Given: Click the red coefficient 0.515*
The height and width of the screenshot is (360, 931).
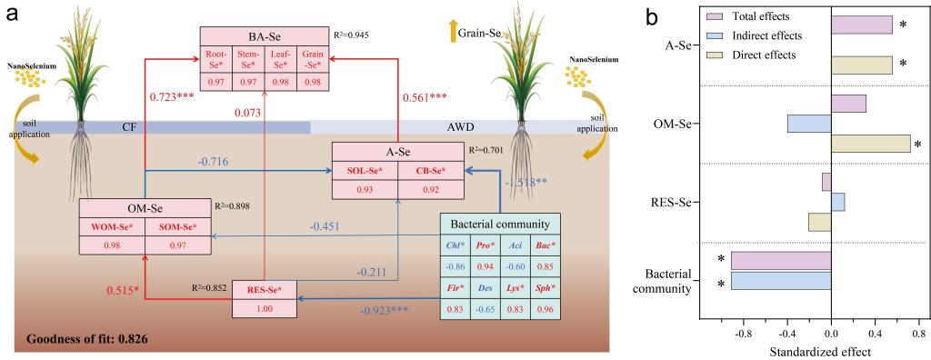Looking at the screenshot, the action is point(123,292).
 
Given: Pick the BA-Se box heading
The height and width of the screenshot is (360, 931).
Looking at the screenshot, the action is point(264,35).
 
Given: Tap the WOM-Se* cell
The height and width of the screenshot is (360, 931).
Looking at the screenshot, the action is point(112,226).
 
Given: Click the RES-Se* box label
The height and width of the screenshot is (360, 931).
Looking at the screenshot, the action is point(265,289).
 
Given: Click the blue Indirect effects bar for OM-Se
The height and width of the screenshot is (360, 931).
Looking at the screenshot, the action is point(809,124).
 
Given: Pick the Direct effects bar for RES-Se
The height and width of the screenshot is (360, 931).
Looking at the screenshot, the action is point(820,222).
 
